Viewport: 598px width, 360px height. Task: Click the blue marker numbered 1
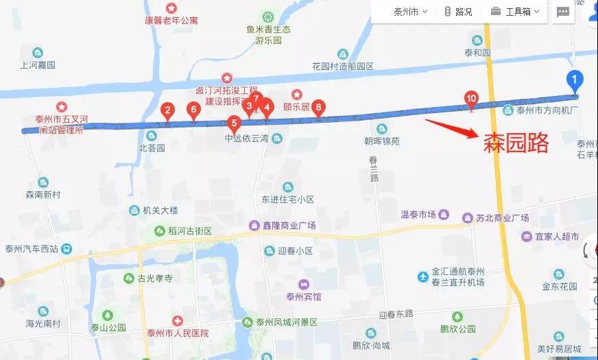575,80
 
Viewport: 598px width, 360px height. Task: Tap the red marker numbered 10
471,99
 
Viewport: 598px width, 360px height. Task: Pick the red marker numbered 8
318,107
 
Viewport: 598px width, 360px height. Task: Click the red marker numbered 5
234,124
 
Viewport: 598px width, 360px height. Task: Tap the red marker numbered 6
193,109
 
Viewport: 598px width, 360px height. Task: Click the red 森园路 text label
516,143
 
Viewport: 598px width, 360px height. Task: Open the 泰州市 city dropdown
411,12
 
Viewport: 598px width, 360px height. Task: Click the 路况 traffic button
458,12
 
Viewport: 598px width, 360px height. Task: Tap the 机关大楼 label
160,210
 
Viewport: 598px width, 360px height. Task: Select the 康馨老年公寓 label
171,20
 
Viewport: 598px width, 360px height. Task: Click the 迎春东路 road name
396,314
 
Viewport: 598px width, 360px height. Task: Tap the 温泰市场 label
418,214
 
